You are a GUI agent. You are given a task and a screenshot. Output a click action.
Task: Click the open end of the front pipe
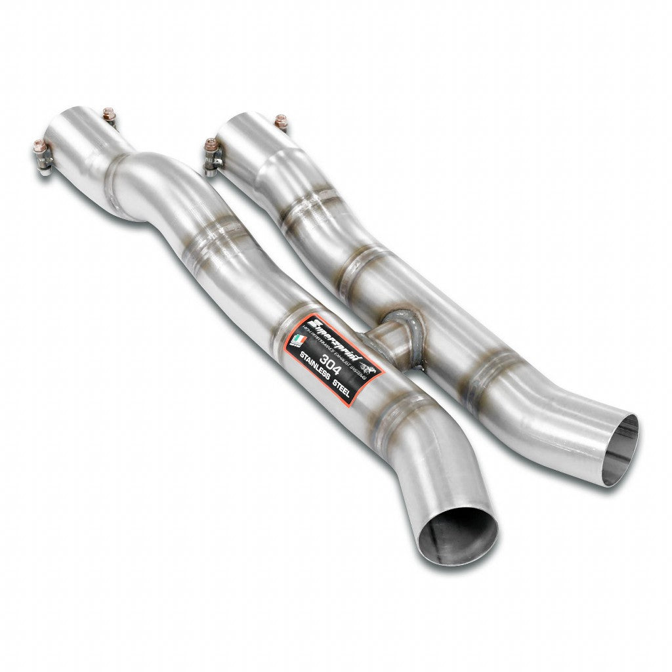coord(457,535)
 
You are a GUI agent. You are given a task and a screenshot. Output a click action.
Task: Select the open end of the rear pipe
coord(619,450)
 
